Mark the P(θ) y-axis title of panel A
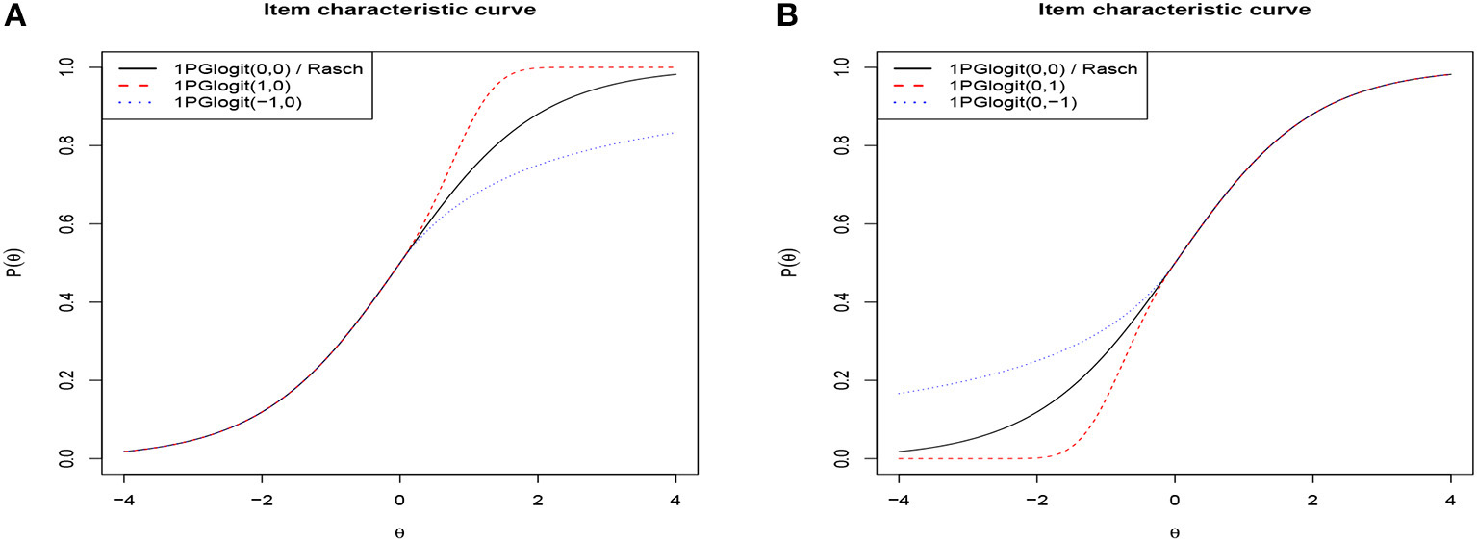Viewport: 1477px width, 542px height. pyautogui.click(x=15, y=263)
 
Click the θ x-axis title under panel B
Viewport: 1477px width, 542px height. pyautogui.click(x=1174, y=530)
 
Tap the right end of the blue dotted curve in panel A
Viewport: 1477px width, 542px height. pyautogui.click(x=676, y=133)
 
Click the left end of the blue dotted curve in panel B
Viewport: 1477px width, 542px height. pyautogui.click(x=899, y=394)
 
